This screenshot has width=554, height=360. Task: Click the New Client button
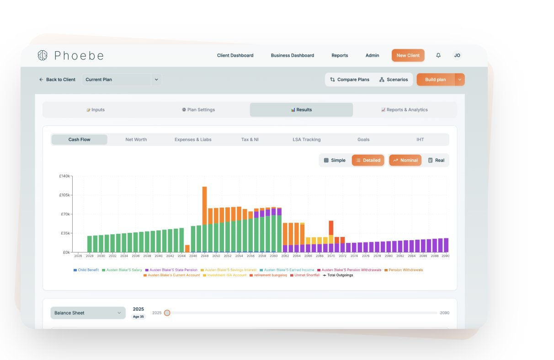pyautogui.click(x=408, y=55)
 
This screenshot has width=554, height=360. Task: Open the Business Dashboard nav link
pyautogui.click(x=292, y=55)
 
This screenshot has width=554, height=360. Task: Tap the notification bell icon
pyautogui.click(x=438, y=55)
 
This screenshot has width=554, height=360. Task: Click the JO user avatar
pyautogui.click(x=457, y=55)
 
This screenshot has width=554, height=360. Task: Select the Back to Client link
pyautogui.click(x=57, y=80)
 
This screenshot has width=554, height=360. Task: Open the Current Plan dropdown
pyautogui.click(x=122, y=80)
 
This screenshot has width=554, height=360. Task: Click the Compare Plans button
pyautogui.click(x=350, y=80)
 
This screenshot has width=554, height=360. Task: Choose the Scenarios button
pyautogui.click(x=394, y=80)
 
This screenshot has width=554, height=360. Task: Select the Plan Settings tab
pyautogui.click(x=198, y=110)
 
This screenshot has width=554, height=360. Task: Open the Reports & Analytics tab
pyautogui.click(x=404, y=110)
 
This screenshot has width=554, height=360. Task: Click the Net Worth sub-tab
pyautogui.click(x=136, y=140)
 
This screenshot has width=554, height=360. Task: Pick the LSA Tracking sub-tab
pyautogui.click(x=306, y=140)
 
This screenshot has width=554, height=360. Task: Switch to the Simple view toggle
pyautogui.click(x=335, y=160)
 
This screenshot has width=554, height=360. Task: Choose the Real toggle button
pyautogui.click(x=436, y=160)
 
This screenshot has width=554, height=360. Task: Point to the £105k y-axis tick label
pyautogui.click(x=64, y=195)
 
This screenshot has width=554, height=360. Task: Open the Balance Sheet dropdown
pyautogui.click(x=88, y=313)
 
